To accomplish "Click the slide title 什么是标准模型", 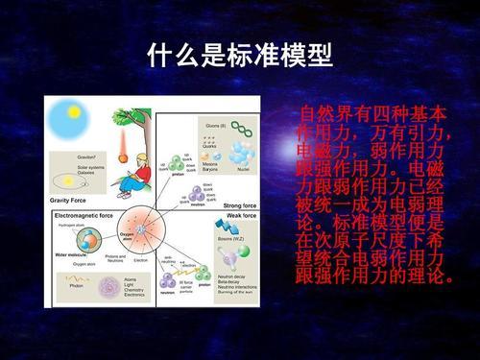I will click(239, 55).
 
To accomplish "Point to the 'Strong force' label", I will click(238, 204).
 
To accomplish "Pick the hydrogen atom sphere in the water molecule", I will click(72, 236).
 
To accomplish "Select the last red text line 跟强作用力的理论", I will click(370, 276).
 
